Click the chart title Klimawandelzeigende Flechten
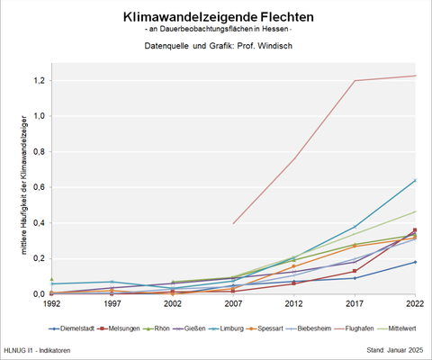pos(216,16)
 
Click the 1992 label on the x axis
pos(52,304)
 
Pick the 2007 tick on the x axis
pos(233,304)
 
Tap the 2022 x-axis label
pos(414,304)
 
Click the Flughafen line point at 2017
pos(355,81)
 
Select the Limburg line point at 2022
pos(414,180)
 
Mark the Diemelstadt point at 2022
pos(414,262)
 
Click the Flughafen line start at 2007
pos(233,223)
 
